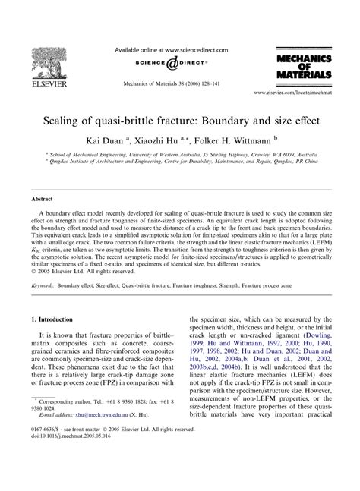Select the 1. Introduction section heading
point(57,343)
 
